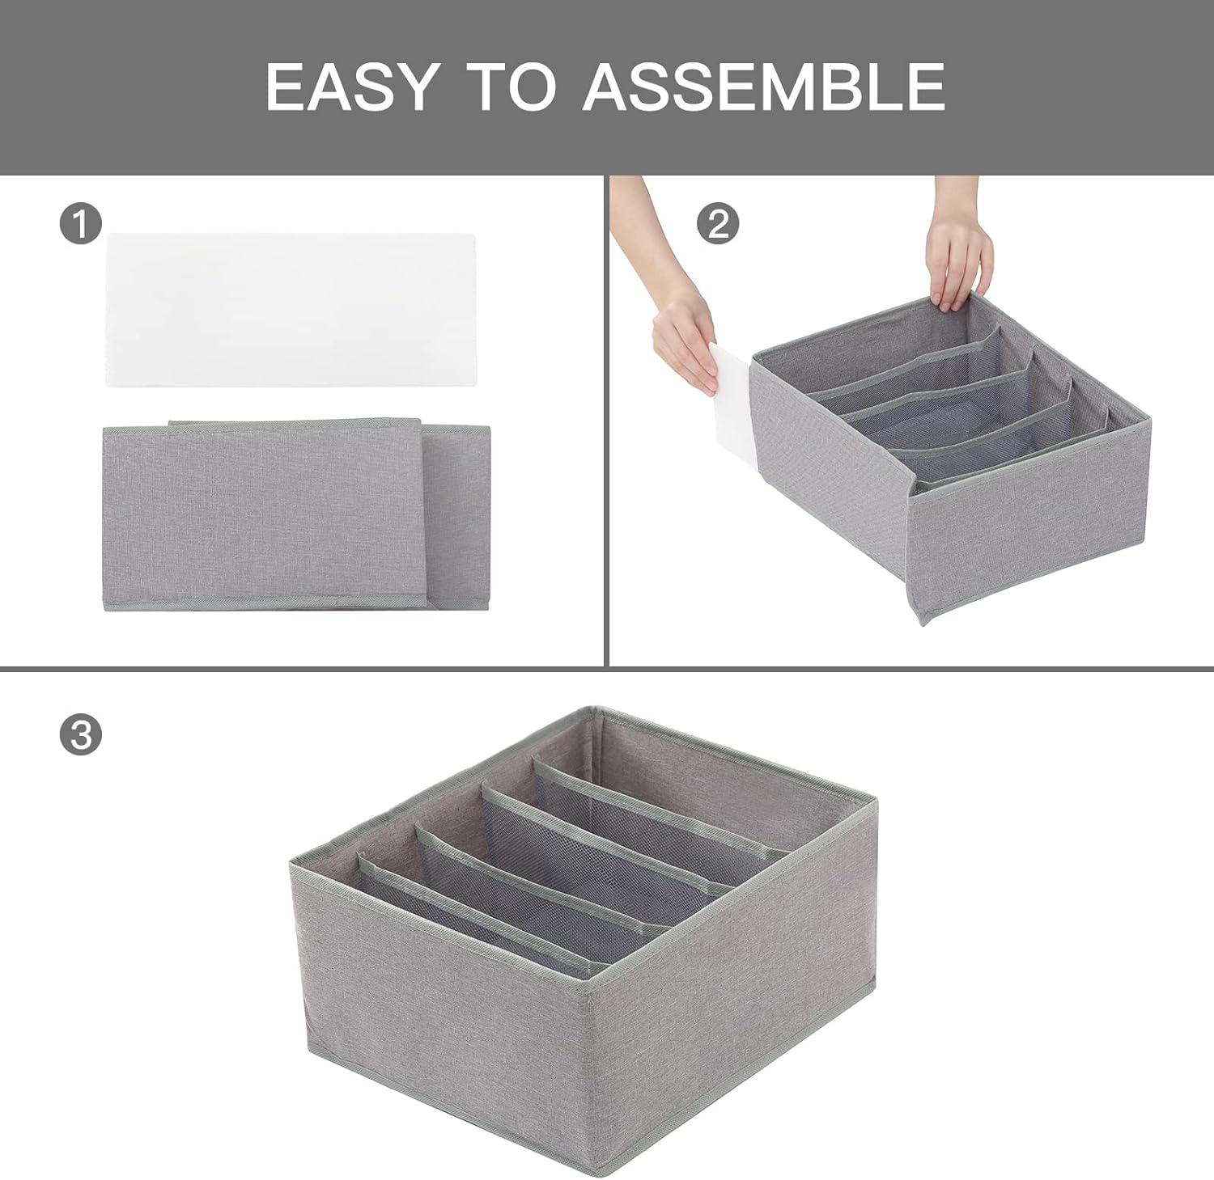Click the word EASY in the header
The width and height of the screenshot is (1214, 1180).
(x=352, y=86)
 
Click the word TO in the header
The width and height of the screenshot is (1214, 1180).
(x=513, y=86)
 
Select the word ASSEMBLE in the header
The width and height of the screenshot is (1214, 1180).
(x=765, y=86)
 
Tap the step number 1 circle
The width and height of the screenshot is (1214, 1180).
(x=80, y=222)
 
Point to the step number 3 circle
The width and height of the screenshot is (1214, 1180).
(x=80, y=734)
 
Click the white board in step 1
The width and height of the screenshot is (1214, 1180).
(x=291, y=310)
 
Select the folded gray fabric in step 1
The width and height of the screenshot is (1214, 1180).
(x=296, y=515)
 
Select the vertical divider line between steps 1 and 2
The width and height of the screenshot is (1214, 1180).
(x=606, y=421)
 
